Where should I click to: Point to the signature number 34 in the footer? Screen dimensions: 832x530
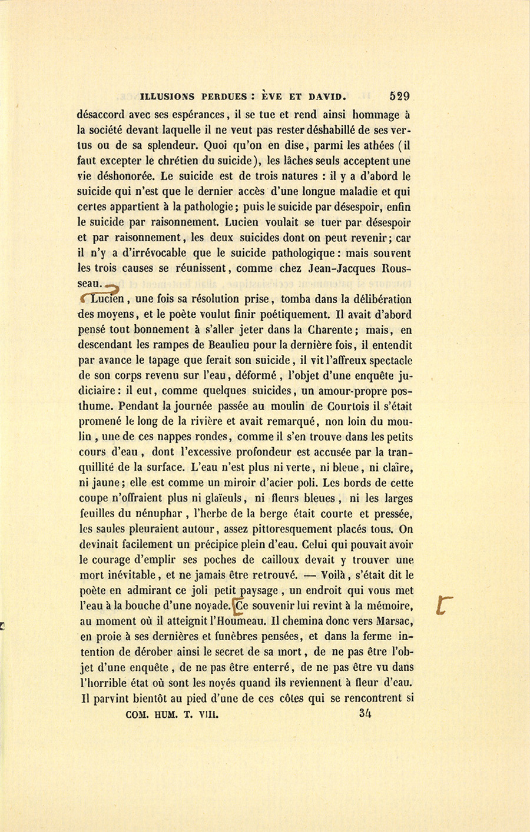click(x=365, y=714)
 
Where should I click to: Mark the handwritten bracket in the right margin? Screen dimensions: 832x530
click(x=445, y=605)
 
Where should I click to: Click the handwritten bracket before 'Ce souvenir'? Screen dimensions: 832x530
click(x=238, y=605)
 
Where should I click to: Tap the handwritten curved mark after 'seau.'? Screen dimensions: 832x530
click(x=112, y=287)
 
